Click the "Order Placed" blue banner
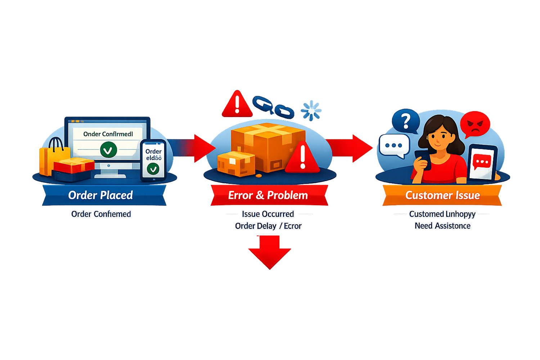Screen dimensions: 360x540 tap(101, 195)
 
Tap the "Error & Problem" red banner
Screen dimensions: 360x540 tap(268, 195)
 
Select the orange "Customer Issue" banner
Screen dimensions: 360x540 tap(442, 195)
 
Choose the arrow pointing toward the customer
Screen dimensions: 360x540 tap(351, 148)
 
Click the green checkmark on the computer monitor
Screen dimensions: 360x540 tap(108, 150)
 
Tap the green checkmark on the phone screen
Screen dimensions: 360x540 tap(153, 168)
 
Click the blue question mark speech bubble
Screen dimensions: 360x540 tap(406, 121)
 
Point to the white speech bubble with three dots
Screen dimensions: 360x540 tap(393, 146)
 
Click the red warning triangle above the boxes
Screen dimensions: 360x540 tap(237, 104)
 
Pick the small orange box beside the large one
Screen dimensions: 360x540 tap(236, 164)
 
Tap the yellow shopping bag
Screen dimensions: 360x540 tap(52, 158)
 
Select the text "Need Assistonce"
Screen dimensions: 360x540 tap(442, 226)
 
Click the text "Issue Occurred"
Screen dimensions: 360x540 tap(268, 214)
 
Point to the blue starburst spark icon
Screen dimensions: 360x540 tap(311, 110)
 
